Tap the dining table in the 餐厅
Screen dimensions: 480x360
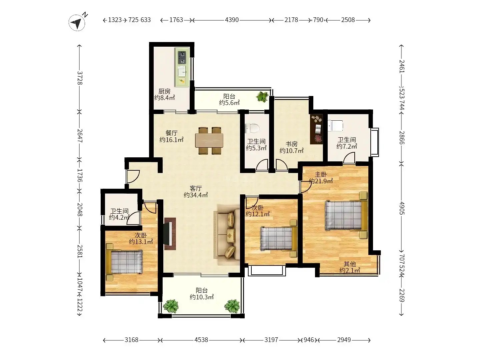point(209,140)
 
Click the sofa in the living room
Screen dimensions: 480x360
point(227,235)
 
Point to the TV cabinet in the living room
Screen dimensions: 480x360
point(170,234)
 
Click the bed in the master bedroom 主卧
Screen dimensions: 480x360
point(346,216)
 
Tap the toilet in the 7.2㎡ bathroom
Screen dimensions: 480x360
point(335,126)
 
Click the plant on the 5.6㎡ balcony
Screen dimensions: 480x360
point(262,96)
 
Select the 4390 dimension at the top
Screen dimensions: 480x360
point(232,20)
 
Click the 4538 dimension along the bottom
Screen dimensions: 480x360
point(201,340)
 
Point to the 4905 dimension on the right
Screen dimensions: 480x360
point(402,208)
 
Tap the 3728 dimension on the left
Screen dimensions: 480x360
point(80,78)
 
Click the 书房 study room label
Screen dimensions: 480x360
point(291,144)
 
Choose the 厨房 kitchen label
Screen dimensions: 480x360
point(164,91)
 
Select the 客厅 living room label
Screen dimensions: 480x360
point(195,188)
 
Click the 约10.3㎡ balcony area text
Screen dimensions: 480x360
point(202,297)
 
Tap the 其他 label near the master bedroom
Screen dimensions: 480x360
point(350,264)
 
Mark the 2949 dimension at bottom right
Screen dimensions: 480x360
point(344,340)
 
